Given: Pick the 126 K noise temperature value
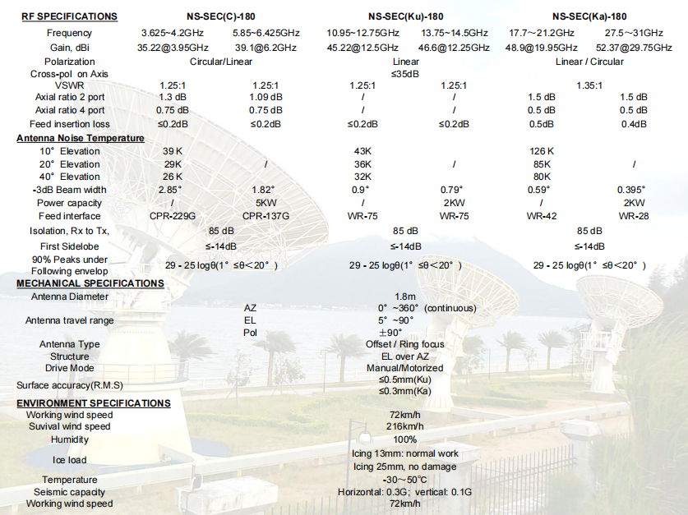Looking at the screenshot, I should [541, 151].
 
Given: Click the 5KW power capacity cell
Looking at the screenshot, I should [266, 203].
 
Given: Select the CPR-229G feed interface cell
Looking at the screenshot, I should [173, 216].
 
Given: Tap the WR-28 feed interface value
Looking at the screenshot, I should [634, 216].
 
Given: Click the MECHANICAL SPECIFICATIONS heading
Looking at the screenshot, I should [90, 283].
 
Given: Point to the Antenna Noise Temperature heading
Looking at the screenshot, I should [81, 138].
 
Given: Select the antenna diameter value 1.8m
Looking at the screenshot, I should [404, 297].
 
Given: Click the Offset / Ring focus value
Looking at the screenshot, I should [404, 344].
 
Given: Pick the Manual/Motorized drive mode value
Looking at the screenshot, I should [404, 368].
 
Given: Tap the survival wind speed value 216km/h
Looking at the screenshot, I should [405, 426].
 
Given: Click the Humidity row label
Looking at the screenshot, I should [69, 439].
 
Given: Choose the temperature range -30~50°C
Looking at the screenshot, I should [404, 480].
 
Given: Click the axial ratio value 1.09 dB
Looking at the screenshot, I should [266, 97].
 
